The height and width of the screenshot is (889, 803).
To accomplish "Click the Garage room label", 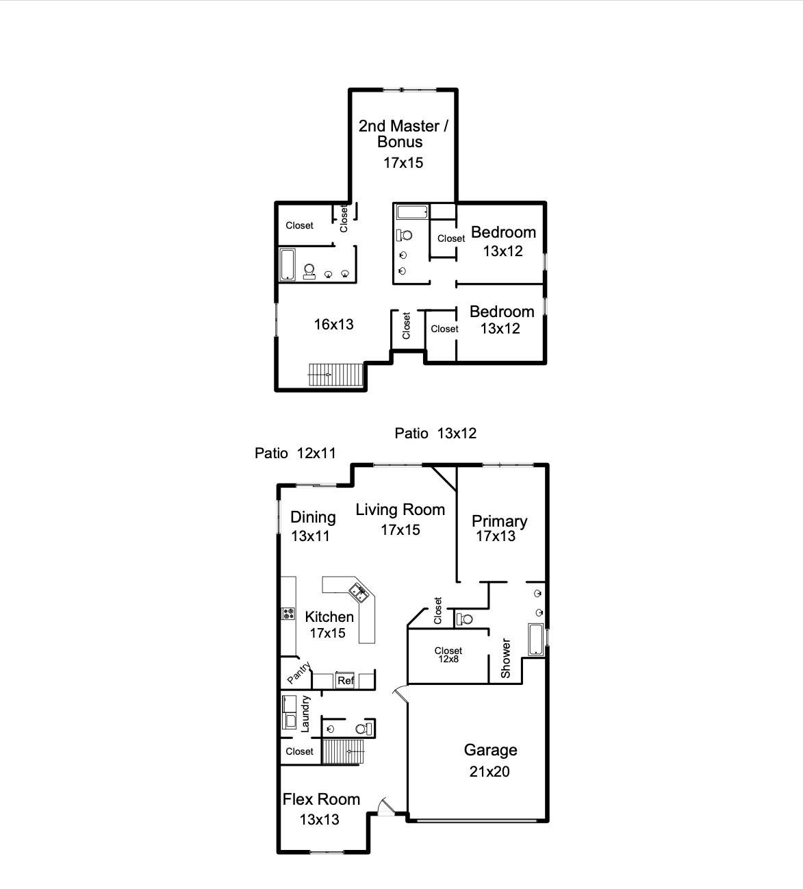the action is pos(490,750).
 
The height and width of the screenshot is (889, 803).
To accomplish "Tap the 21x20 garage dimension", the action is pos(489,772).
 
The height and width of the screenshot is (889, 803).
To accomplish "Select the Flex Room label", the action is pos(321,799).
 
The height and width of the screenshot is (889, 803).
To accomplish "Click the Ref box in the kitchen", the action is pos(345,680).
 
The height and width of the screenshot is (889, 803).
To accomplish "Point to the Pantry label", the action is pos(298,673).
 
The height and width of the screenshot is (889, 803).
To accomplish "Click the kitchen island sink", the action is pos(359,592).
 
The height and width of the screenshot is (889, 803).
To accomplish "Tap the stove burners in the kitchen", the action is pos(288,614).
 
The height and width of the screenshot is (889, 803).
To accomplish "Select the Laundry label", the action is pos(305,714).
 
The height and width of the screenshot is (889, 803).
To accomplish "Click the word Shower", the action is pos(506,658).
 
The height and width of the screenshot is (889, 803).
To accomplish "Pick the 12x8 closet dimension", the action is pos(448,659).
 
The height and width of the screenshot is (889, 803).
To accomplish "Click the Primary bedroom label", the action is pos(500,521).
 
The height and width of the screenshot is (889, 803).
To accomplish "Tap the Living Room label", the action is pos(400,510).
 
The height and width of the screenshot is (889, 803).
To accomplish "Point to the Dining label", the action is pos(313,517).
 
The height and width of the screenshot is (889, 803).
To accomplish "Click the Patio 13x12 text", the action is pos(435,433).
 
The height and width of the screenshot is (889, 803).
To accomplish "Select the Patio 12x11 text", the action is pos(295,453).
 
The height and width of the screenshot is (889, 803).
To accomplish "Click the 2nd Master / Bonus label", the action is pos(403,134).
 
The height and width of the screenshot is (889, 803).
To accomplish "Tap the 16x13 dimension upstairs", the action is pos(333,325).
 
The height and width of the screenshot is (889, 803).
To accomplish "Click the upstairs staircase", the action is pos(336,375).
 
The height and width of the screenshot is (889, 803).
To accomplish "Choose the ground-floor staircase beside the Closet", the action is pos(342,751).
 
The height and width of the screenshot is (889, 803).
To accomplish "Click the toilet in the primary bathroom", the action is pos(464,618).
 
